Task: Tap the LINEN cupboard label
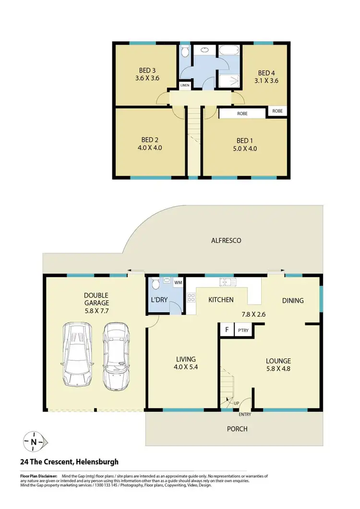[x=185, y=85]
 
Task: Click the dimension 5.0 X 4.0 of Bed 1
[x=244, y=148]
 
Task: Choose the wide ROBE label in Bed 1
[x=242, y=114]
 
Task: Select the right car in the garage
[x=116, y=355]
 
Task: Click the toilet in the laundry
[x=154, y=285]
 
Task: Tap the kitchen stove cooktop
[x=191, y=298]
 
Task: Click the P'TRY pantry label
[x=242, y=331]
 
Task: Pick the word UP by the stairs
[x=236, y=403]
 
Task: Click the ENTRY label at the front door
[x=244, y=414]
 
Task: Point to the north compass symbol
[x=34, y=442]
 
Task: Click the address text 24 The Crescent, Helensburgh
[x=69, y=462]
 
